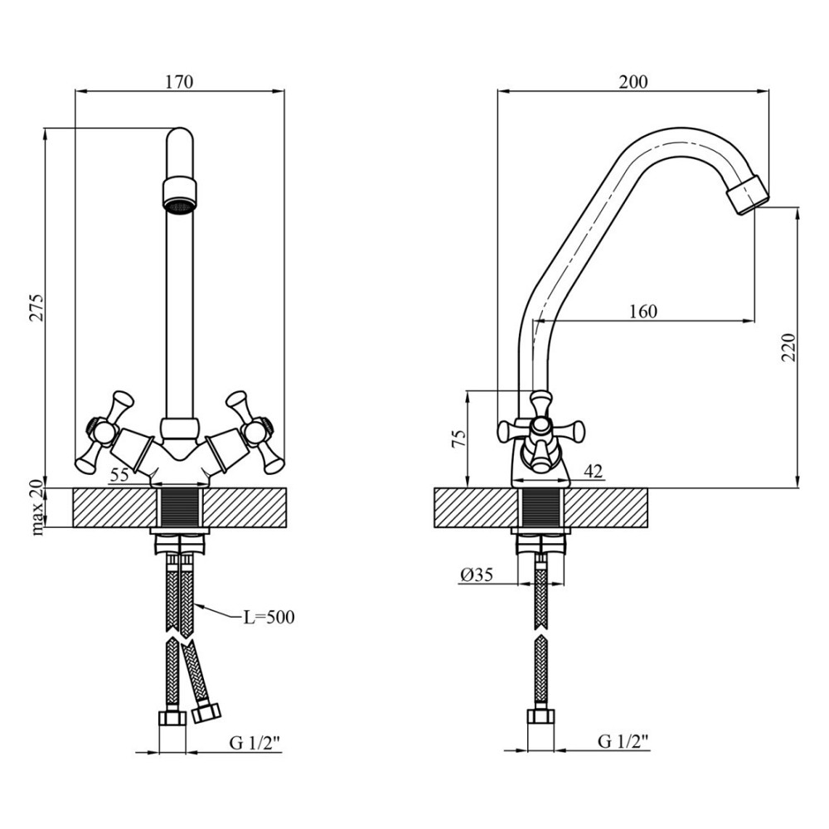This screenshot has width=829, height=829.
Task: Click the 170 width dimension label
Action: click(179, 82)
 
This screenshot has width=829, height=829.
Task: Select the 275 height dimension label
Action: click(37, 307)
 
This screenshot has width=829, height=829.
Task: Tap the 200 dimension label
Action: click(633, 82)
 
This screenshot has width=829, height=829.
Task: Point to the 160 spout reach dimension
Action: click(643, 312)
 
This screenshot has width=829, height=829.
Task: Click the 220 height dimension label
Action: click(788, 347)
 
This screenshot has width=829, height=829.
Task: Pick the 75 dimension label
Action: click(458, 439)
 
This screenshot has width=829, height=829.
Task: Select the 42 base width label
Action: click(593, 471)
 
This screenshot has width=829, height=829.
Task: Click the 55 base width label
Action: click(119, 475)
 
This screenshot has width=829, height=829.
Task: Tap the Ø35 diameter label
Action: click(476, 574)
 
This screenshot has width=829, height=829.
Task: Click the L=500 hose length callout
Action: click(269, 617)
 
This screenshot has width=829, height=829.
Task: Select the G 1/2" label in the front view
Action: click(254, 744)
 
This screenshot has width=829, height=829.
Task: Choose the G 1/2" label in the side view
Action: click(623, 742)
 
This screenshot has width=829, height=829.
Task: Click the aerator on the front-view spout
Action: click(180, 196)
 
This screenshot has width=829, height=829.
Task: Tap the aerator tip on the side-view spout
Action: click(748, 195)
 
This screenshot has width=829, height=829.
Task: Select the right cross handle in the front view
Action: click(255, 432)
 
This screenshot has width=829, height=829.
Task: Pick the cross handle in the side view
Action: click(541, 429)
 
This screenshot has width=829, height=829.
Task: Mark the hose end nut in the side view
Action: click(541, 716)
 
